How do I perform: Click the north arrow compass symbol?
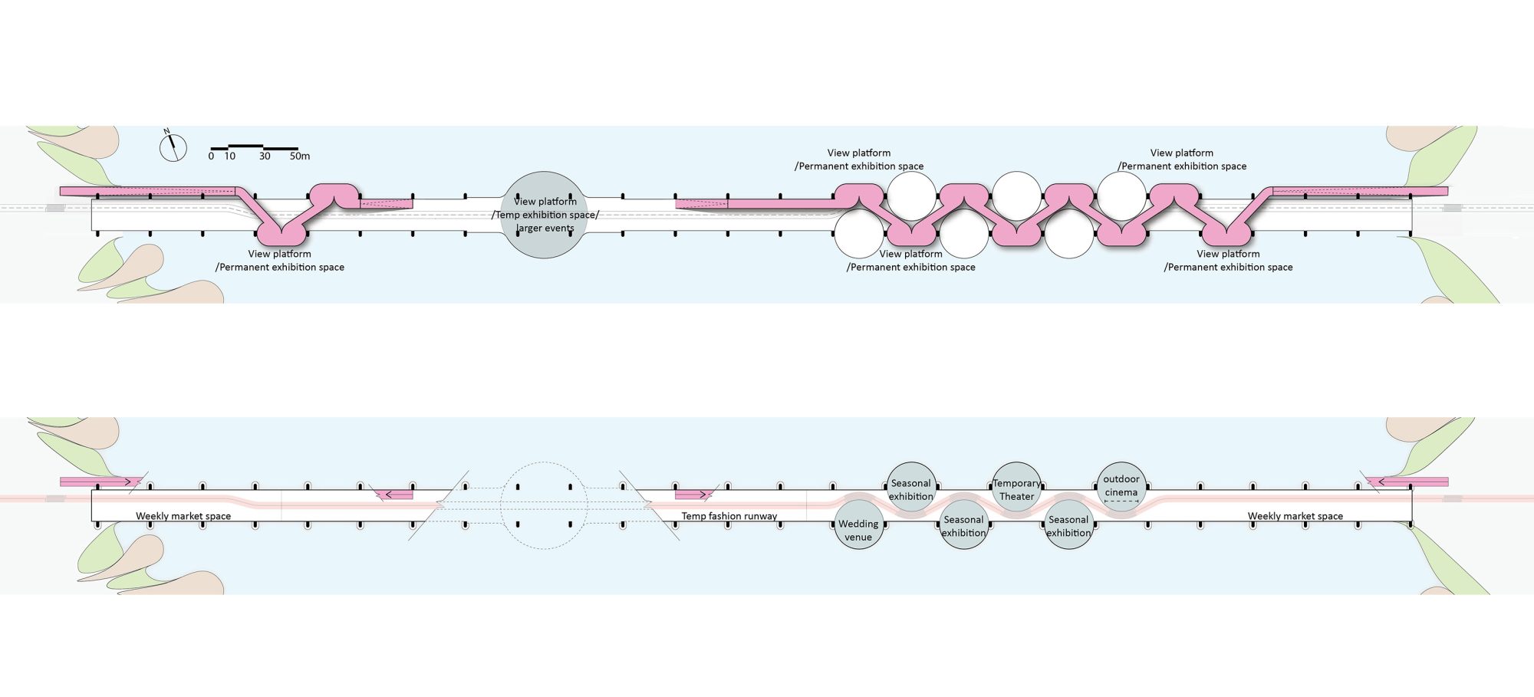173,146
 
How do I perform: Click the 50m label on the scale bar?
300,156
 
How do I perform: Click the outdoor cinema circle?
1121,486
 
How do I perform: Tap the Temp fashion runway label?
729,516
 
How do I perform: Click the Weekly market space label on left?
183,516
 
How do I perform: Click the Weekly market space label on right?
1295,516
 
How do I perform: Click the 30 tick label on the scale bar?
265,156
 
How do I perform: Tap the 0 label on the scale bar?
211,156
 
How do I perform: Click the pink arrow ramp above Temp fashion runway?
693,495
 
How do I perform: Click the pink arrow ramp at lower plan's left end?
100,482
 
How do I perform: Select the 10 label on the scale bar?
229,156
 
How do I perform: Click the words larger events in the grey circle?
545,228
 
